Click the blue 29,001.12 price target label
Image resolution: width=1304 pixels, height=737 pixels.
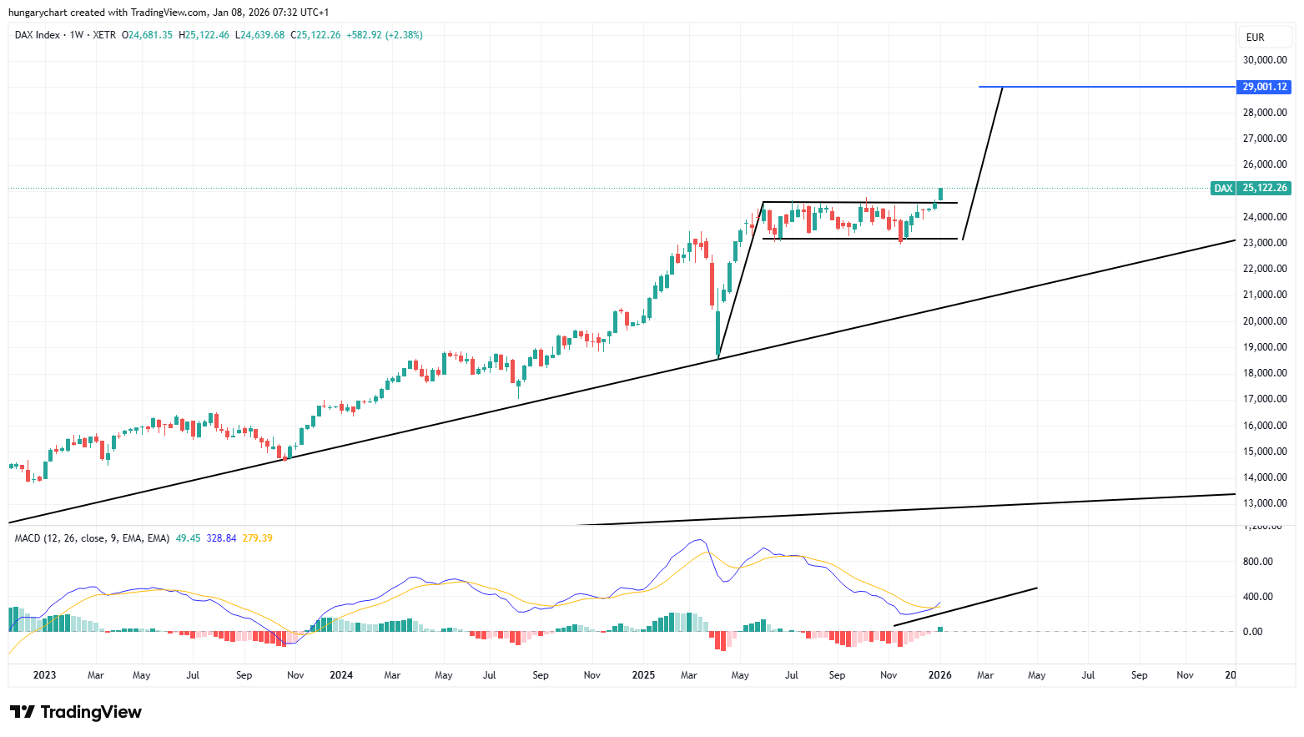point(1265,87)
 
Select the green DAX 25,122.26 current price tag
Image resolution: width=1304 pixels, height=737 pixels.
point(1251,188)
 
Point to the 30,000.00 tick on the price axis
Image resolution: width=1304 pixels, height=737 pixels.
point(1265,60)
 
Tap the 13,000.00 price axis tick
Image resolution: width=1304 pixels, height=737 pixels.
point(1265,503)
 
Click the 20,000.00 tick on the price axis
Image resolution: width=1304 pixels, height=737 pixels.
point(1265,321)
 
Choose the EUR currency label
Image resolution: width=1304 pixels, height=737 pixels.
point(1255,38)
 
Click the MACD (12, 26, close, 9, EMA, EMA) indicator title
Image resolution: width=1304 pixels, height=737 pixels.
point(92,538)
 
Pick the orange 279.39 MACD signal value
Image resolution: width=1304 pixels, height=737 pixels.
point(257,538)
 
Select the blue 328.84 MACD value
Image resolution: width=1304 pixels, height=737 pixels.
point(221,538)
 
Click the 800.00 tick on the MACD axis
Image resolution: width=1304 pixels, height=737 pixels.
point(1258,562)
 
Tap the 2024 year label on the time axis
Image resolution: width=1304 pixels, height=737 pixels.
point(341,675)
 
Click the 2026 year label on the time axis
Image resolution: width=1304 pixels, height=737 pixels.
point(940,675)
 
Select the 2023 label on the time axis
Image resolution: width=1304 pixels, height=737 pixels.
point(44,675)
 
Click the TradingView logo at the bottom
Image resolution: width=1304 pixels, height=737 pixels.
point(76,712)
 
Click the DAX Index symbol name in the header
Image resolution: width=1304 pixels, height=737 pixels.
point(38,35)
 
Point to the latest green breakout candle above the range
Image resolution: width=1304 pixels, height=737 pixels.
point(940,194)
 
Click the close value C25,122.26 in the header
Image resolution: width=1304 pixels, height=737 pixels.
point(315,35)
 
